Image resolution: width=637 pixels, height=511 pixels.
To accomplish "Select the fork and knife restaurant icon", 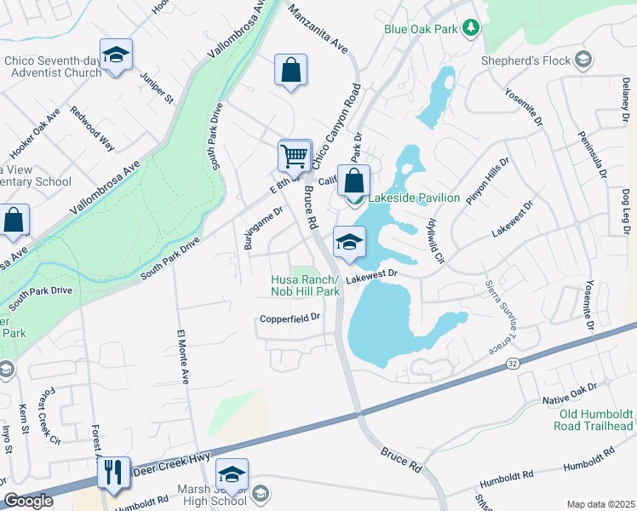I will tap(113, 472).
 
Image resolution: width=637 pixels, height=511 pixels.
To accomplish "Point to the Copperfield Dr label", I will tap(290, 319).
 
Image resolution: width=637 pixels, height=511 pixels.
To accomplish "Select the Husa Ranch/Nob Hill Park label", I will tap(305, 285).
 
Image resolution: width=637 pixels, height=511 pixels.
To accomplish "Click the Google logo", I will tap(28, 502).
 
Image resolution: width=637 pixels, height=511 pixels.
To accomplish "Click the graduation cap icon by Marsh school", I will tap(231, 474).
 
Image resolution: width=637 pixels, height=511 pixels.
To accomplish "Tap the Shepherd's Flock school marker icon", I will tap(583, 60).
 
